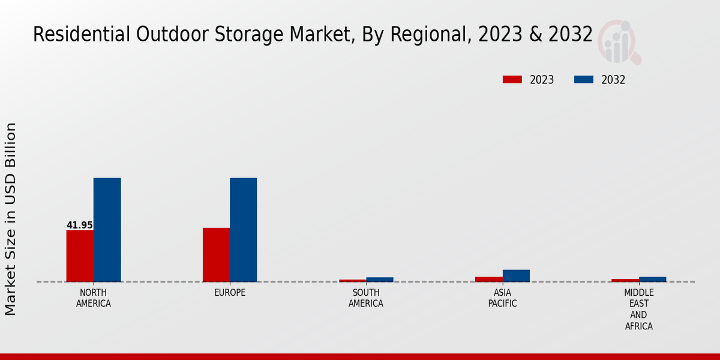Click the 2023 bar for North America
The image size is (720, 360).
[x=80, y=256]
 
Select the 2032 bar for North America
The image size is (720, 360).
[x=107, y=230]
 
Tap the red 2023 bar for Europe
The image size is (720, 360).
[x=216, y=254]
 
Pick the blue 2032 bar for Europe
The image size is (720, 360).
[x=243, y=230]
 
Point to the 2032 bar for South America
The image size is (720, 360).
[x=380, y=280]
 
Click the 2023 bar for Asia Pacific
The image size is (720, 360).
[x=489, y=279]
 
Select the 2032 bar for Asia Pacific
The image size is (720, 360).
[x=516, y=275]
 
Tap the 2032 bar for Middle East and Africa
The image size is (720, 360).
[x=652, y=279]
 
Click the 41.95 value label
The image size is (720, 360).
[x=80, y=226]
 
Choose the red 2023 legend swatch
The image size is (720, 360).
[x=512, y=80]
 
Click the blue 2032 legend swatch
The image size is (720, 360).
[x=584, y=80]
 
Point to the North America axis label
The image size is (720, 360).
[x=94, y=298]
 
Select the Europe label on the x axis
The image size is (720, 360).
[x=230, y=293]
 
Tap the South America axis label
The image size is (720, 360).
[x=366, y=298]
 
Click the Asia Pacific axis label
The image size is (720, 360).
[x=502, y=298]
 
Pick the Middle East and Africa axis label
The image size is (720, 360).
[x=638, y=310]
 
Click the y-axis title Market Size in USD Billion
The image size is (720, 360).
[x=11, y=219]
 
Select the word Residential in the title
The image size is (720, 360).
[x=72, y=34]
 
